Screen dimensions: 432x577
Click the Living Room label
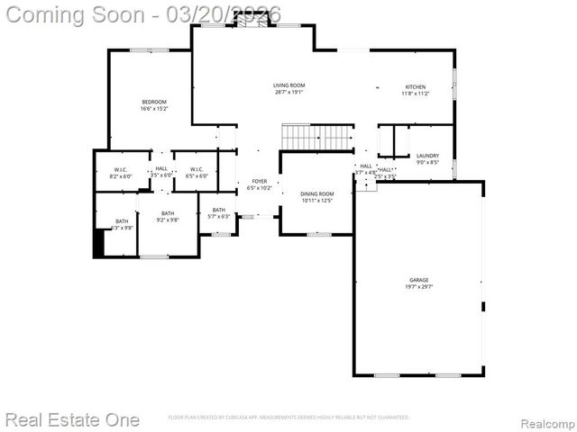click(x=288, y=85)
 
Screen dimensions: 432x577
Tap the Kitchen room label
click(x=415, y=87)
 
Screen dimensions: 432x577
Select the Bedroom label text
click(x=154, y=103)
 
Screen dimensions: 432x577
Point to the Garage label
click(x=418, y=280)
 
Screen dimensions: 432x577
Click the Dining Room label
click(x=316, y=193)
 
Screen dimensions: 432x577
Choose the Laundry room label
click(x=427, y=156)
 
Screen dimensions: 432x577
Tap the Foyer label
click(x=259, y=182)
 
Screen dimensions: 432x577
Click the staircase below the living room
click(x=317, y=137)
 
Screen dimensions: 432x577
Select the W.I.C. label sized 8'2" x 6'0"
click(x=121, y=170)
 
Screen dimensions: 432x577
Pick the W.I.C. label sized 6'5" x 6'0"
click(x=197, y=170)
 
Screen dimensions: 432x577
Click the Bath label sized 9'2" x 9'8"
click(x=168, y=213)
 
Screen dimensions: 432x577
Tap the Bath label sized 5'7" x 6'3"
click(x=219, y=210)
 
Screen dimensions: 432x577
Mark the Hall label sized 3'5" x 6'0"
click(x=161, y=168)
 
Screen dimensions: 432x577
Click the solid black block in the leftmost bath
click(x=99, y=244)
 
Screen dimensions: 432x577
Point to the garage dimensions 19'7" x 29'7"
click(x=418, y=287)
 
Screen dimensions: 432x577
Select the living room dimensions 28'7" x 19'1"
click(x=288, y=92)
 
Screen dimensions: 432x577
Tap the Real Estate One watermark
click(x=72, y=419)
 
